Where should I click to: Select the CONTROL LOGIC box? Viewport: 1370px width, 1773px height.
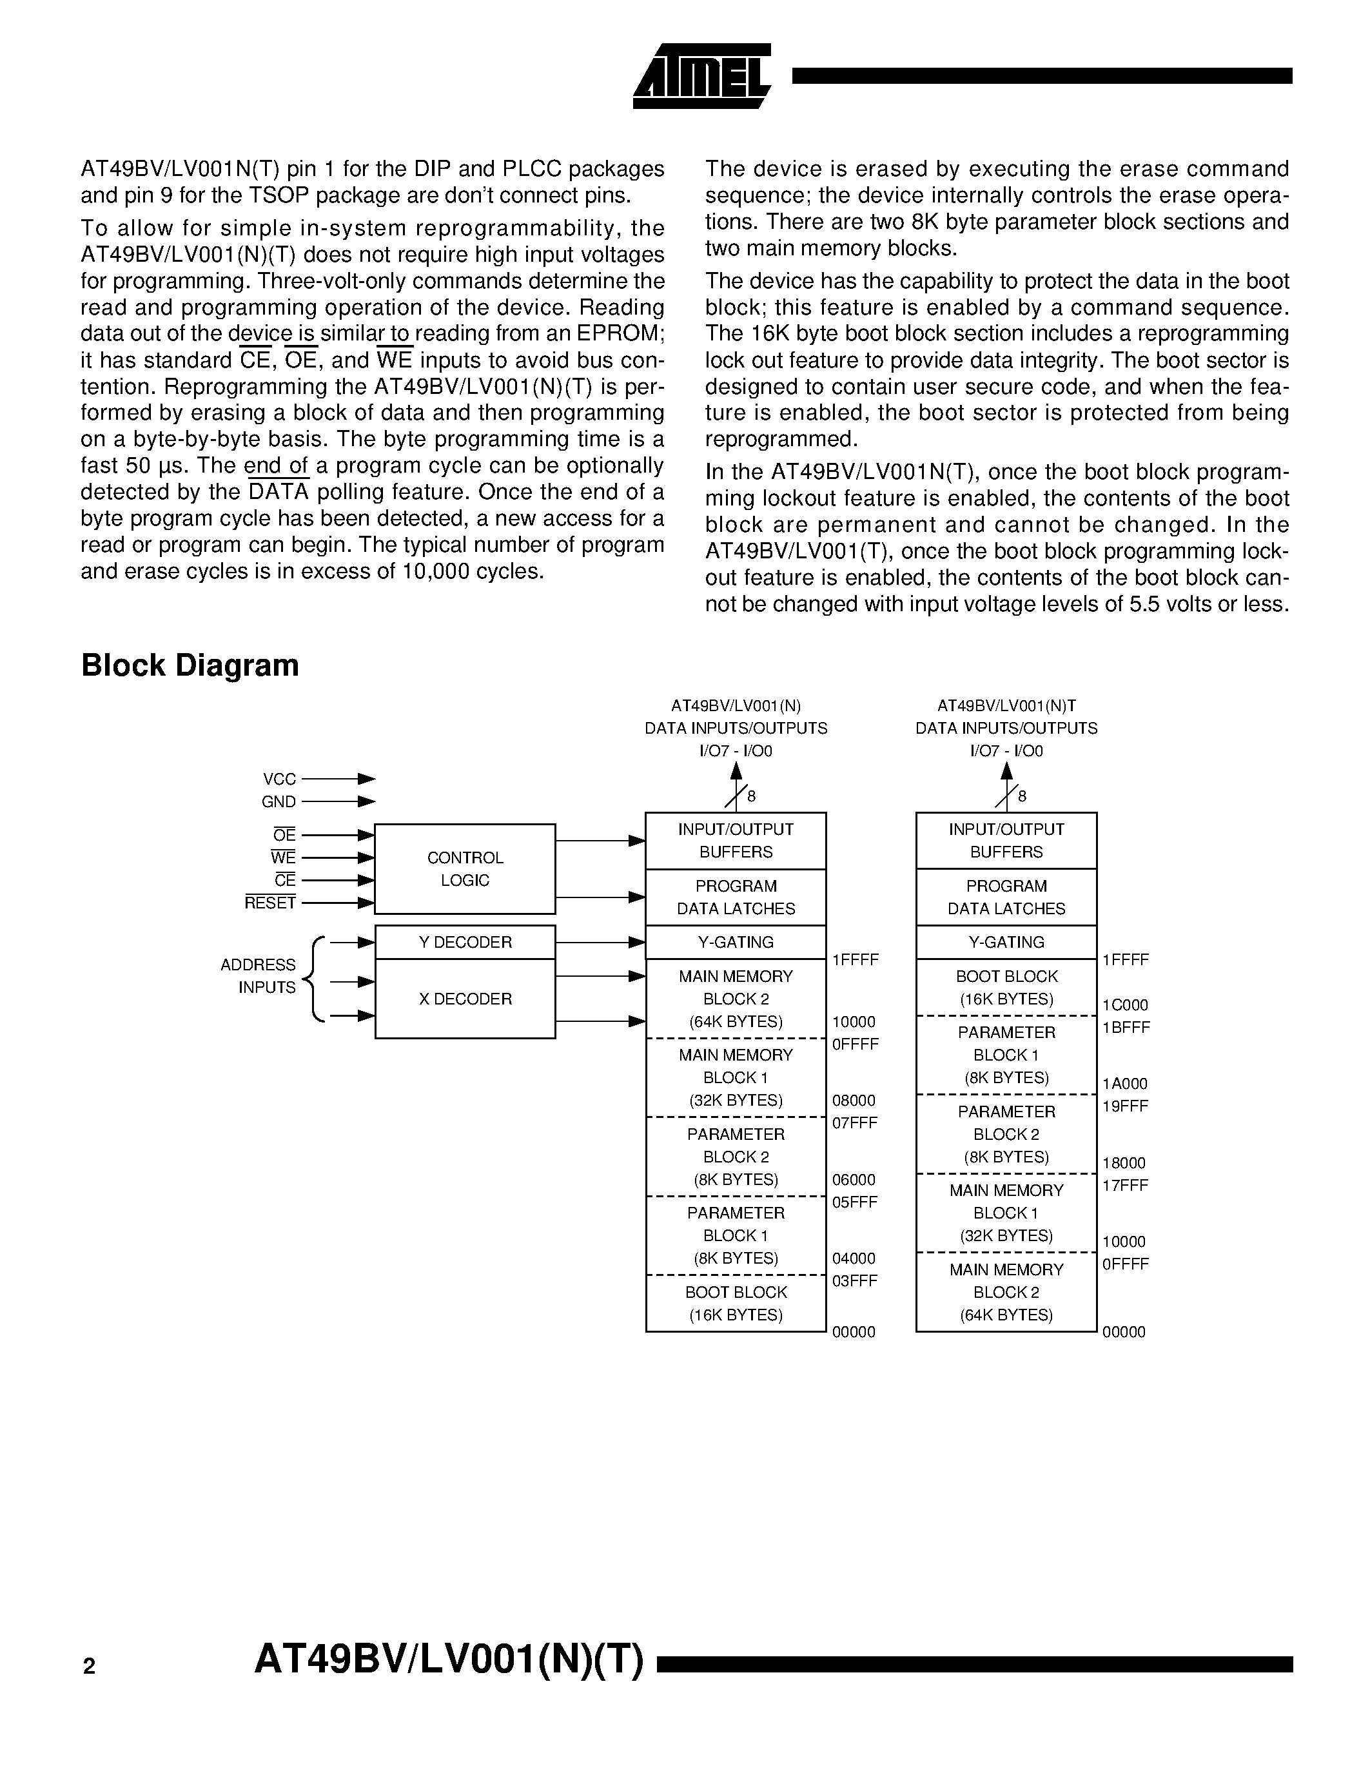[465, 868]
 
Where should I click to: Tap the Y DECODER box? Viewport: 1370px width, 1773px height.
[465, 942]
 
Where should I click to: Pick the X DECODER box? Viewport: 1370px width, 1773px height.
[465, 999]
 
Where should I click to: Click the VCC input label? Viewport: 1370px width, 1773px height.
[279, 779]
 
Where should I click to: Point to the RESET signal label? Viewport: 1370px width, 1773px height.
[270, 903]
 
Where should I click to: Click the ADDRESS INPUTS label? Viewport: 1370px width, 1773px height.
[258, 976]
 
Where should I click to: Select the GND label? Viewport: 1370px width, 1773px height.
[279, 802]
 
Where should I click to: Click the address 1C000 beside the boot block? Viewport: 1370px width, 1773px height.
[1125, 1005]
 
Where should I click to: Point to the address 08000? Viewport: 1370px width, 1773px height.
[854, 1101]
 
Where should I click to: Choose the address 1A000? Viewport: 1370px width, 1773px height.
[1125, 1084]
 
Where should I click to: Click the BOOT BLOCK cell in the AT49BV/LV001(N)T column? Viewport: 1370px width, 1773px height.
[1006, 987]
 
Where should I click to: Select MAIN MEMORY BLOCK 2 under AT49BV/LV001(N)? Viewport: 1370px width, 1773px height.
[736, 999]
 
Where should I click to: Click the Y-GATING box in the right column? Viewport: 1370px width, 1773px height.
[1006, 942]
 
